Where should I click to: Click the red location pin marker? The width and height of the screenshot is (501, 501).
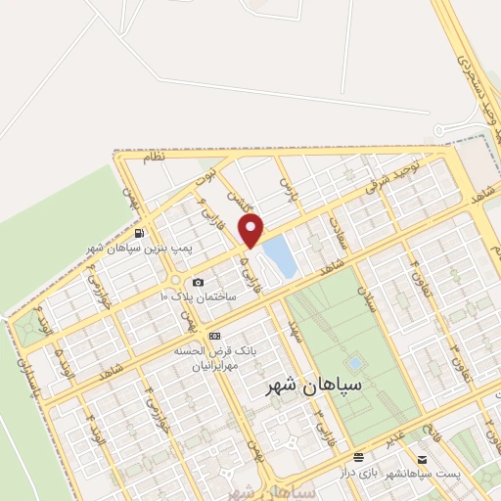click(251, 232)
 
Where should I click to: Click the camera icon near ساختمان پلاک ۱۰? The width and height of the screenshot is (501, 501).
click(199, 283)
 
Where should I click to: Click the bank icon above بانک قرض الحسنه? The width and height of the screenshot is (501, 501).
click(214, 335)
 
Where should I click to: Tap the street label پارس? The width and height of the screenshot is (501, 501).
click(286, 182)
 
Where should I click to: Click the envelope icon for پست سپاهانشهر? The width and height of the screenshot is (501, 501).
click(422, 458)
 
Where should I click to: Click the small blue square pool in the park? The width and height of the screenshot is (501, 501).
click(353, 363)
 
